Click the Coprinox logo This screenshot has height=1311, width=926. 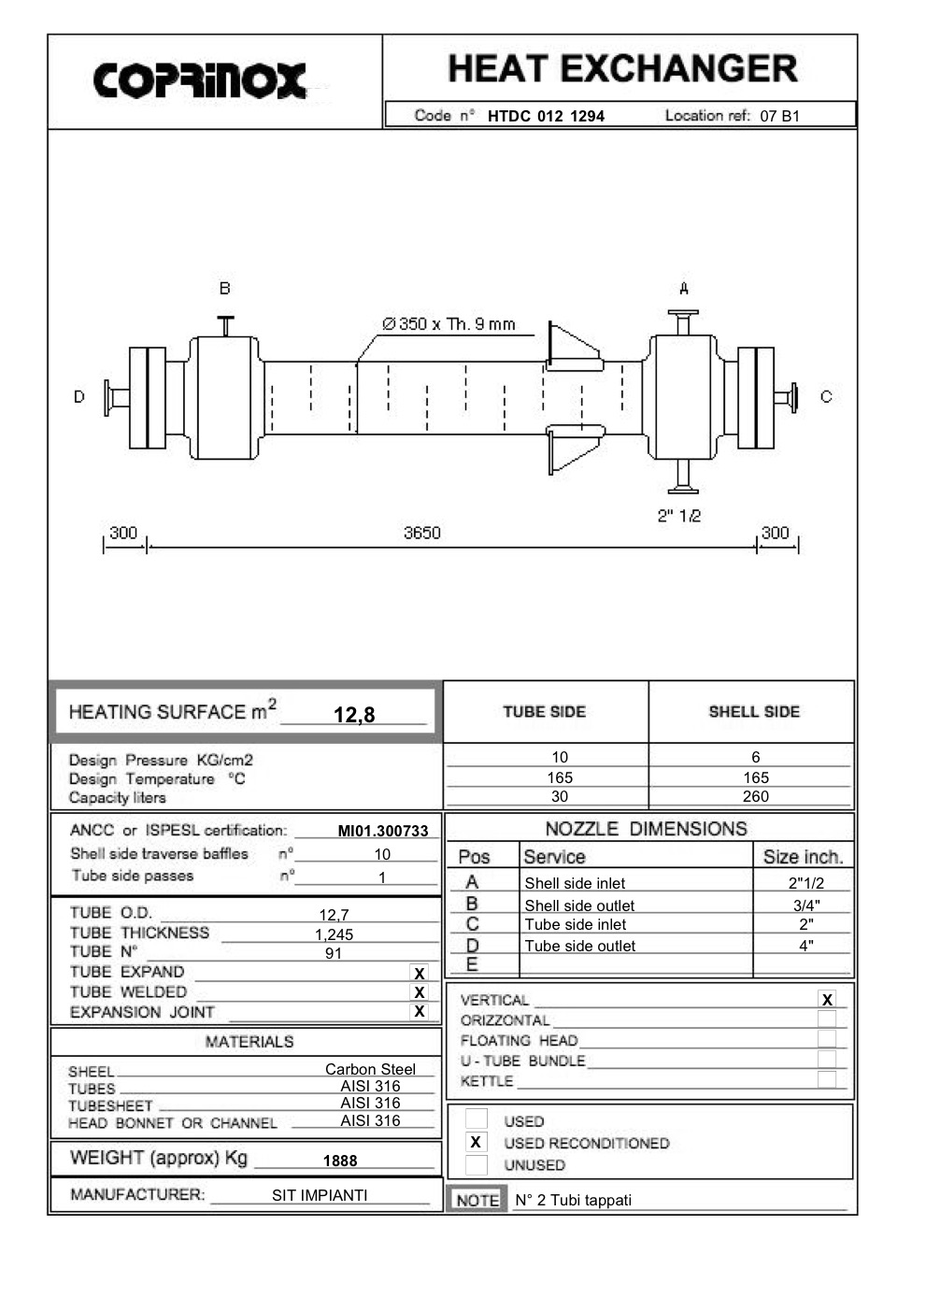[x=200, y=80]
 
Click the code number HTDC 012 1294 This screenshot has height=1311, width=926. [x=546, y=116]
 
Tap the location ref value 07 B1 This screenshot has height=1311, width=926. [x=779, y=116]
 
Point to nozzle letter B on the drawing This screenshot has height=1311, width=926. [x=224, y=289]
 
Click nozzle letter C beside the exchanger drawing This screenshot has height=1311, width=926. [x=825, y=397]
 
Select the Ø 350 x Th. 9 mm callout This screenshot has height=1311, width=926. [x=449, y=324]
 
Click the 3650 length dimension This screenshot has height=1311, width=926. [x=421, y=533]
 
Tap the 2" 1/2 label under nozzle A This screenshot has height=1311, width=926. [x=678, y=516]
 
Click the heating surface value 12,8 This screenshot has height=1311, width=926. [x=354, y=715]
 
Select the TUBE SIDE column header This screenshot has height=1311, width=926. [x=544, y=712]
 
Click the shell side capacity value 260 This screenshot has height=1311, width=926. [x=755, y=796]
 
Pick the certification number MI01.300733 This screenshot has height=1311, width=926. [x=383, y=831]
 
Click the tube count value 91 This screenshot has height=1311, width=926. [x=334, y=953]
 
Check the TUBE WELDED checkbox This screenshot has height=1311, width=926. [x=420, y=992]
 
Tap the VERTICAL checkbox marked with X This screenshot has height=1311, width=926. [x=826, y=1000]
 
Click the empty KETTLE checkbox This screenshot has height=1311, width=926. [x=826, y=1079]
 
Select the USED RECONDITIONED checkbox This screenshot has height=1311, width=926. [x=476, y=1142]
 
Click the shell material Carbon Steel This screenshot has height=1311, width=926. [x=370, y=1069]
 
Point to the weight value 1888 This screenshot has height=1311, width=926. [x=340, y=1161]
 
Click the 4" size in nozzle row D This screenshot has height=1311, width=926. [x=805, y=945]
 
